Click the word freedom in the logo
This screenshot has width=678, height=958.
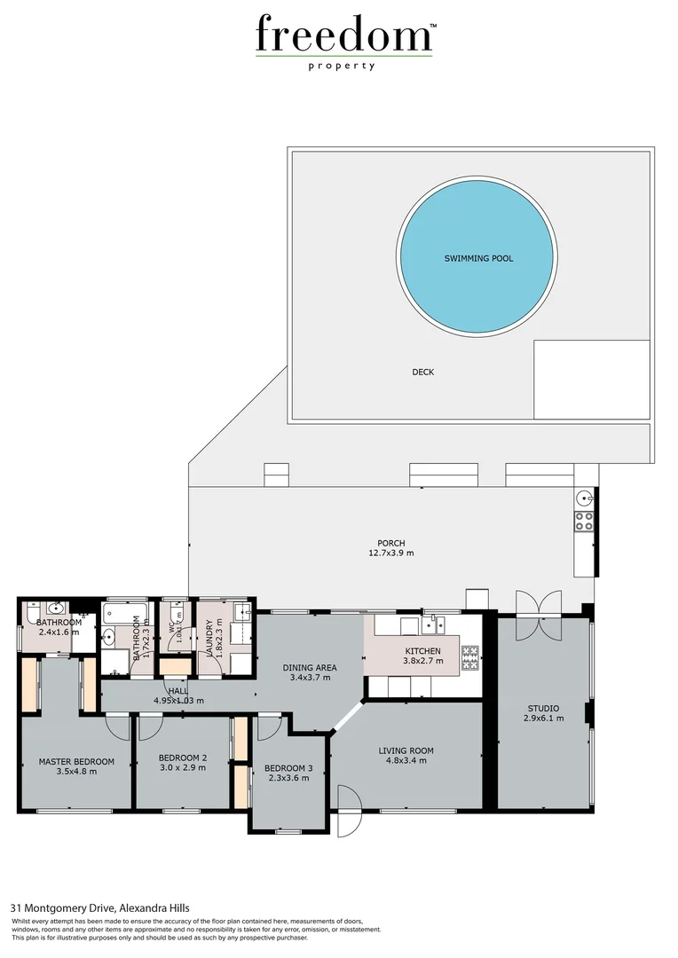343,35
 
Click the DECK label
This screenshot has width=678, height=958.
422,373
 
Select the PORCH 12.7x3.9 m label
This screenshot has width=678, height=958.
391,548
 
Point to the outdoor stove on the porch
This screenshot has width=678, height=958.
584,521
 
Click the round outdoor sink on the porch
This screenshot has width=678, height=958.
584,498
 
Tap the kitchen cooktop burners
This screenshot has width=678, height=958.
469,657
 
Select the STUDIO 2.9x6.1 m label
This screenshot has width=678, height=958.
542,714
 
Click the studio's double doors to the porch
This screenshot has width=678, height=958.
538,614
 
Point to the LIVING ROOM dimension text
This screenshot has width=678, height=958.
406,760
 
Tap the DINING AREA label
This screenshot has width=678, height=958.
309,672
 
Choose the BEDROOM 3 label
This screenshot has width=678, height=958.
288,773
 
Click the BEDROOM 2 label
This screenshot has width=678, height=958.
182,762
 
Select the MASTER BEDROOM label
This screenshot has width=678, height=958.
75,766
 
